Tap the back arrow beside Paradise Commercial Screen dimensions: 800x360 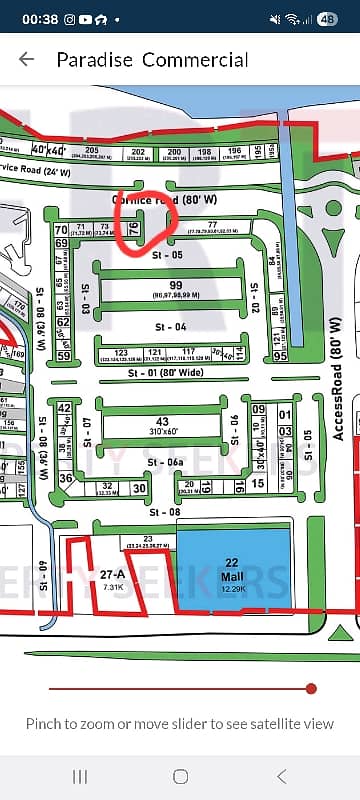pos(26,60)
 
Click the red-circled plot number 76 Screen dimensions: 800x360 pos(134,229)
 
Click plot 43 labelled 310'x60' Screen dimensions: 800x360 pos(161,425)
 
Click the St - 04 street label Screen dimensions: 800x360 pos(170,327)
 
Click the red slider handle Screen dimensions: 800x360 pos(311,688)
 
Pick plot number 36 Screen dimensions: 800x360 pos(66,478)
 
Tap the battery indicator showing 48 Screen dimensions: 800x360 pos(327,19)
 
